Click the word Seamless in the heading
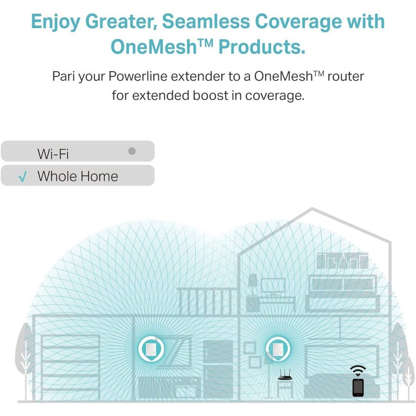click(x=206, y=21)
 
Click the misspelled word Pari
click(x=64, y=76)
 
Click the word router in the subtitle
click(x=345, y=76)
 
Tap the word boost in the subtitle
click(x=210, y=96)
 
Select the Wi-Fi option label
click(x=53, y=154)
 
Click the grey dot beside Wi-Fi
click(x=132, y=151)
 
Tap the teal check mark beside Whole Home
click(x=23, y=177)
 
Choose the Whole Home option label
click(x=78, y=176)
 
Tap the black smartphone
click(x=358, y=388)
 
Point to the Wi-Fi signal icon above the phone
click(x=358, y=371)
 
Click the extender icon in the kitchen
click(x=151, y=349)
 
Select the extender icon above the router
click(x=278, y=349)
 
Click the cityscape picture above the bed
click(x=343, y=261)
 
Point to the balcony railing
click(x=208, y=301)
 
